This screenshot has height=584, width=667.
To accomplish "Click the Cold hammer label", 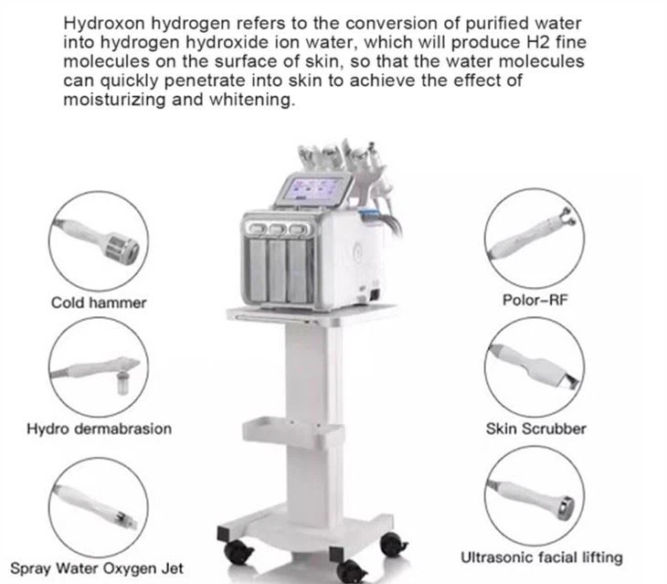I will tap(98, 303).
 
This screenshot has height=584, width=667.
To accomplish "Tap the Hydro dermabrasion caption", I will tap(99, 428).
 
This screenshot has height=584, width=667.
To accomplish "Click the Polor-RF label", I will tap(534, 301).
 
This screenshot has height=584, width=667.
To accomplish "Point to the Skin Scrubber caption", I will tap(535, 428).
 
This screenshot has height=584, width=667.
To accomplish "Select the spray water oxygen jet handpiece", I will tap(99, 500).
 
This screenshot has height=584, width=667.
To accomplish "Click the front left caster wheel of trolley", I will tap(239, 551).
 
